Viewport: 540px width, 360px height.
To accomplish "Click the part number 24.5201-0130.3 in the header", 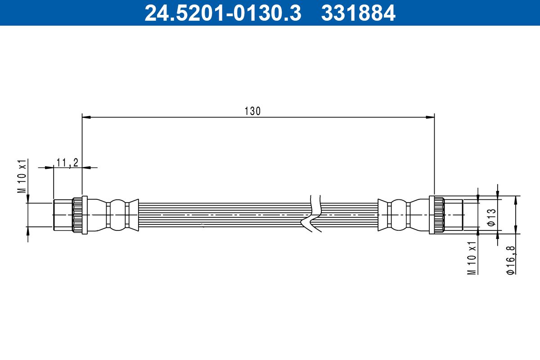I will [222, 13].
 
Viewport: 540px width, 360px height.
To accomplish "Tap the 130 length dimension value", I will [252, 111].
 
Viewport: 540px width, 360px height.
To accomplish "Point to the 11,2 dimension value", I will [67, 162].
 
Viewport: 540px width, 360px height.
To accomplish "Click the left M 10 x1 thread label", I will [22, 176].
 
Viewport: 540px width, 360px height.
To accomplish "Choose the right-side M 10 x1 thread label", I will [472, 257].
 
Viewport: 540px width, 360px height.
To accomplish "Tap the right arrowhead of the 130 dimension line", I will [430, 117].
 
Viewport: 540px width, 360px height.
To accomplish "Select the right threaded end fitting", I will [454, 215].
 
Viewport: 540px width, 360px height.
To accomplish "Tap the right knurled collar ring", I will [436, 215].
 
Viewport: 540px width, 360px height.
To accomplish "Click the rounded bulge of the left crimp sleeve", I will [118, 215].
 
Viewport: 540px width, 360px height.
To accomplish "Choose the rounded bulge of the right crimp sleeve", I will [398, 215].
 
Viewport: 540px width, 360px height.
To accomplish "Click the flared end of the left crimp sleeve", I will [133, 215].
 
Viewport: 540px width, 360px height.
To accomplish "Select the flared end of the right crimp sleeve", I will [382, 215].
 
